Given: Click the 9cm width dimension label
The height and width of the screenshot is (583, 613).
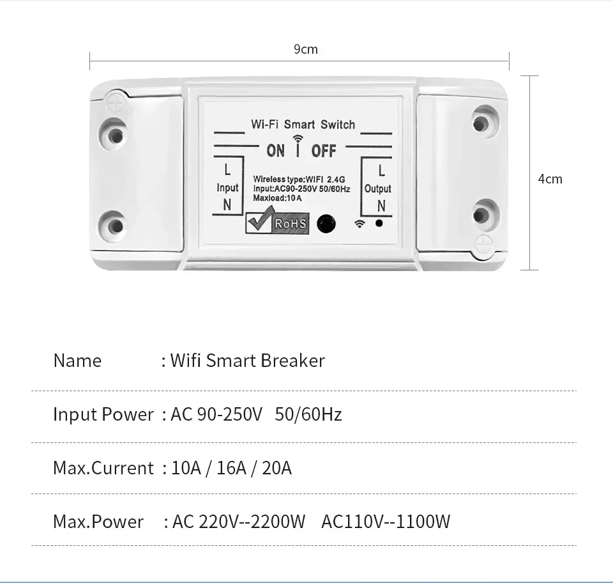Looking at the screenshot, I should (x=305, y=50).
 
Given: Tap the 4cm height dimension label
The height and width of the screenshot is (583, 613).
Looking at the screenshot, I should (x=550, y=179).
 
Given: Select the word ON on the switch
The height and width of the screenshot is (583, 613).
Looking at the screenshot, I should (x=276, y=151).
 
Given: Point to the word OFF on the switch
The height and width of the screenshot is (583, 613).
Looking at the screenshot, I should (x=323, y=151).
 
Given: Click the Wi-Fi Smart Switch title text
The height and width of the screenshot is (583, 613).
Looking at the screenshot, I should (x=303, y=124).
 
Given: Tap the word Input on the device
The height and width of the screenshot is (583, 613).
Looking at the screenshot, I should (x=227, y=188).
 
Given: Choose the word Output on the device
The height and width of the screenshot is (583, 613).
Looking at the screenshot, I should (x=377, y=189).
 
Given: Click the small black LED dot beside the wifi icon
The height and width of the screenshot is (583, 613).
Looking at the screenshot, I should (x=379, y=223).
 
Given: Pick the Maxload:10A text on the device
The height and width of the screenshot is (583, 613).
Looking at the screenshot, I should (x=277, y=198).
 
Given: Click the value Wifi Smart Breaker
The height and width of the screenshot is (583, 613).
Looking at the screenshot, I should (x=247, y=361).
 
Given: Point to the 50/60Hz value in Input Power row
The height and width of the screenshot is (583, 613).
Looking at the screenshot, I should (x=308, y=414).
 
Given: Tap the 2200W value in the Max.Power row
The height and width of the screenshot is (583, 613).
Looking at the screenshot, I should (x=279, y=522).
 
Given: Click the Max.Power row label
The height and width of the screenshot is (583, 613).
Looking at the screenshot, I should (x=98, y=522).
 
